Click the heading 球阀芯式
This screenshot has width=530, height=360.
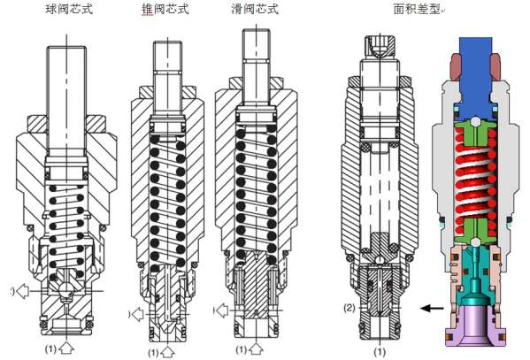coord(68,10)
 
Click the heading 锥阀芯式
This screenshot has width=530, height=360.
coord(165,10)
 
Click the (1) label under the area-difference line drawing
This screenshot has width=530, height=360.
coord(380,351)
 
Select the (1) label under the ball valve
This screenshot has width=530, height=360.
coord(52,348)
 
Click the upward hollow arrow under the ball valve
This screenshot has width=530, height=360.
coord(70,349)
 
